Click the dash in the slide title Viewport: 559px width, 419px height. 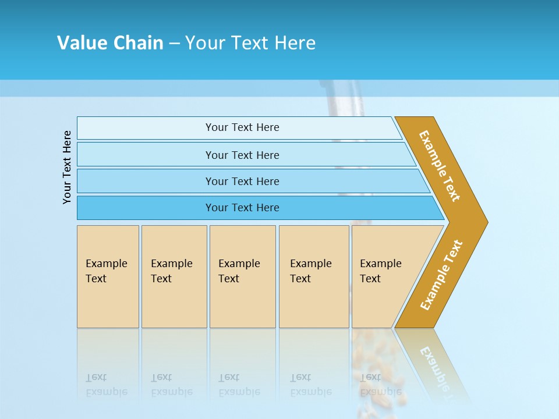pos(174,43)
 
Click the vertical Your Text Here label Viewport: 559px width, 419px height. pos(67,167)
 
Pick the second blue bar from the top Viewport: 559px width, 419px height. pos(242,155)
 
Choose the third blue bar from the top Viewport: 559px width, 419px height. pos(242,181)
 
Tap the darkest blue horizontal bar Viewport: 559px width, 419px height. pos(242,208)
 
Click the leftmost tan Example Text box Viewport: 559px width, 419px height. pos(108,276)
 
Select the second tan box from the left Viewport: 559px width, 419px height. pos(174,276)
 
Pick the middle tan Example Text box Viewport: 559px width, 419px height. pos(242,276)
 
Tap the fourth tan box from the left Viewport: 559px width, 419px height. pos(313,276)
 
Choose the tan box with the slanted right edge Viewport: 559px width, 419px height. pos(384,276)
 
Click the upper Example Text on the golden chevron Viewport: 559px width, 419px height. pos(440,166)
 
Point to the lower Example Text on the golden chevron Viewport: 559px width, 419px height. pos(441,275)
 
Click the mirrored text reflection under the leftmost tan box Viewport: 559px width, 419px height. pos(106,385)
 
